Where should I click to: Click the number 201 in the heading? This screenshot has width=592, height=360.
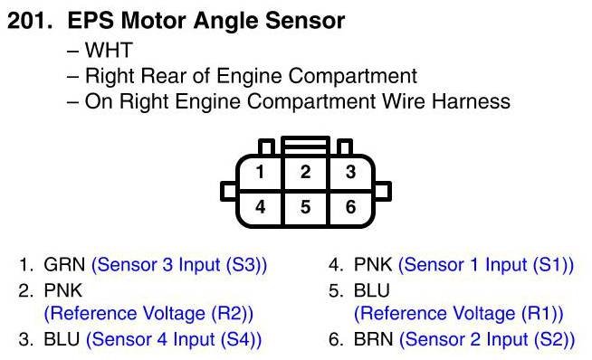(x=30, y=21)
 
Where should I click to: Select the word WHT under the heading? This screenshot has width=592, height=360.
(x=109, y=50)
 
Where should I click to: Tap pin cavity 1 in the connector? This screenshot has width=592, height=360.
(x=260, y=172)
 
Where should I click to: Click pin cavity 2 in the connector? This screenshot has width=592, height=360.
(x=306, y=172)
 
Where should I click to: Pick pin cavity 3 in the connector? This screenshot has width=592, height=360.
(x=351, y=172)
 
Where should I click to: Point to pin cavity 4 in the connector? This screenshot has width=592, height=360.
(x=260, y=207)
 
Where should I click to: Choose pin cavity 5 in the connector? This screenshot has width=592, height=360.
(x=306, y=207)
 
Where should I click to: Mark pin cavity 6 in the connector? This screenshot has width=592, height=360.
(x=351, y=207)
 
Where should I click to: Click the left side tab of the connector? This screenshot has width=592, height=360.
(x=228, y=191)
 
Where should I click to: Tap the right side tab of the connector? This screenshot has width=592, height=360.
(x=383, y=191)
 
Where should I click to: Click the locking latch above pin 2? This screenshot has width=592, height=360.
(x=306, y=146)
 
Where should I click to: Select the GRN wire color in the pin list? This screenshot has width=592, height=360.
(x=64, y=264)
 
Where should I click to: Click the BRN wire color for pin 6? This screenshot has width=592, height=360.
(x=374, y=339)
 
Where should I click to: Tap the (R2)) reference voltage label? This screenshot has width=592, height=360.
(x=233, y=314)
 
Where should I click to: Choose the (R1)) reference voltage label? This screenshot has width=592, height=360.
(x=542, y=314)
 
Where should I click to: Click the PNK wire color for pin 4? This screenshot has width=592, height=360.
(x=373, y=264)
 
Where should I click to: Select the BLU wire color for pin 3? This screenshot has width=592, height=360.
(x=62, y=339)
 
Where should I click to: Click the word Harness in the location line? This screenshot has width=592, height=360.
(x=471, y=101)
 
